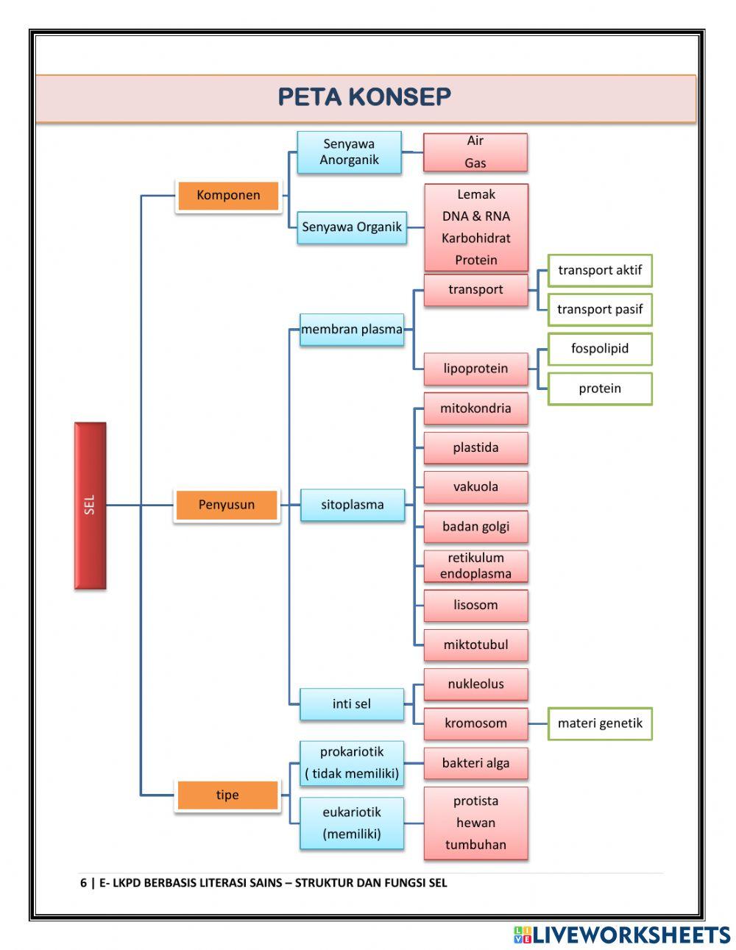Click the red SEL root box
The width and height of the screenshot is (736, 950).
pos(90,506)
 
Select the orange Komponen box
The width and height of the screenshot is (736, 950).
pos(228,196)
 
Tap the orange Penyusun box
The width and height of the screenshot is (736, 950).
pos(227,506)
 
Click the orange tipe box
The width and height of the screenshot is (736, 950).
pos(227,795)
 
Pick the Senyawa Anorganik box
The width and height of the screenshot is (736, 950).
pos(349,152)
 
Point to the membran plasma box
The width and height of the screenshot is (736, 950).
pos(352,330)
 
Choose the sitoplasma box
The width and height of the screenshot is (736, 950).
pos(352,506)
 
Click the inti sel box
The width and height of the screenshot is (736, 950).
pos(352,704)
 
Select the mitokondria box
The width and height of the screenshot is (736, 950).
pos(475,408)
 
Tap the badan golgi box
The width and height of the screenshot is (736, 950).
pos(475,527)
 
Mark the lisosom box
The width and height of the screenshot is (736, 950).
pos(475,606)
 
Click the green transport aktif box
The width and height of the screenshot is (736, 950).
pos(599,271)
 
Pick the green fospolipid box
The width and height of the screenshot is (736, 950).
pos(599,349)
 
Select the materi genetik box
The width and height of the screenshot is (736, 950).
pos(599,723)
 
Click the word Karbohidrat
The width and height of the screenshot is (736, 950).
pos(475,238)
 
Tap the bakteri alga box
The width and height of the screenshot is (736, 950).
pos(475,763)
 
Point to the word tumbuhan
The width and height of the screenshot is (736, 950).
pos(475,845)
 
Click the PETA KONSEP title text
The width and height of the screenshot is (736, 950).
pos(364,97)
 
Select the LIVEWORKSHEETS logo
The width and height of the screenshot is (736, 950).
pos(621,935)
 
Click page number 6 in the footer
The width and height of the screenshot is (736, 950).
pos(83,883)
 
